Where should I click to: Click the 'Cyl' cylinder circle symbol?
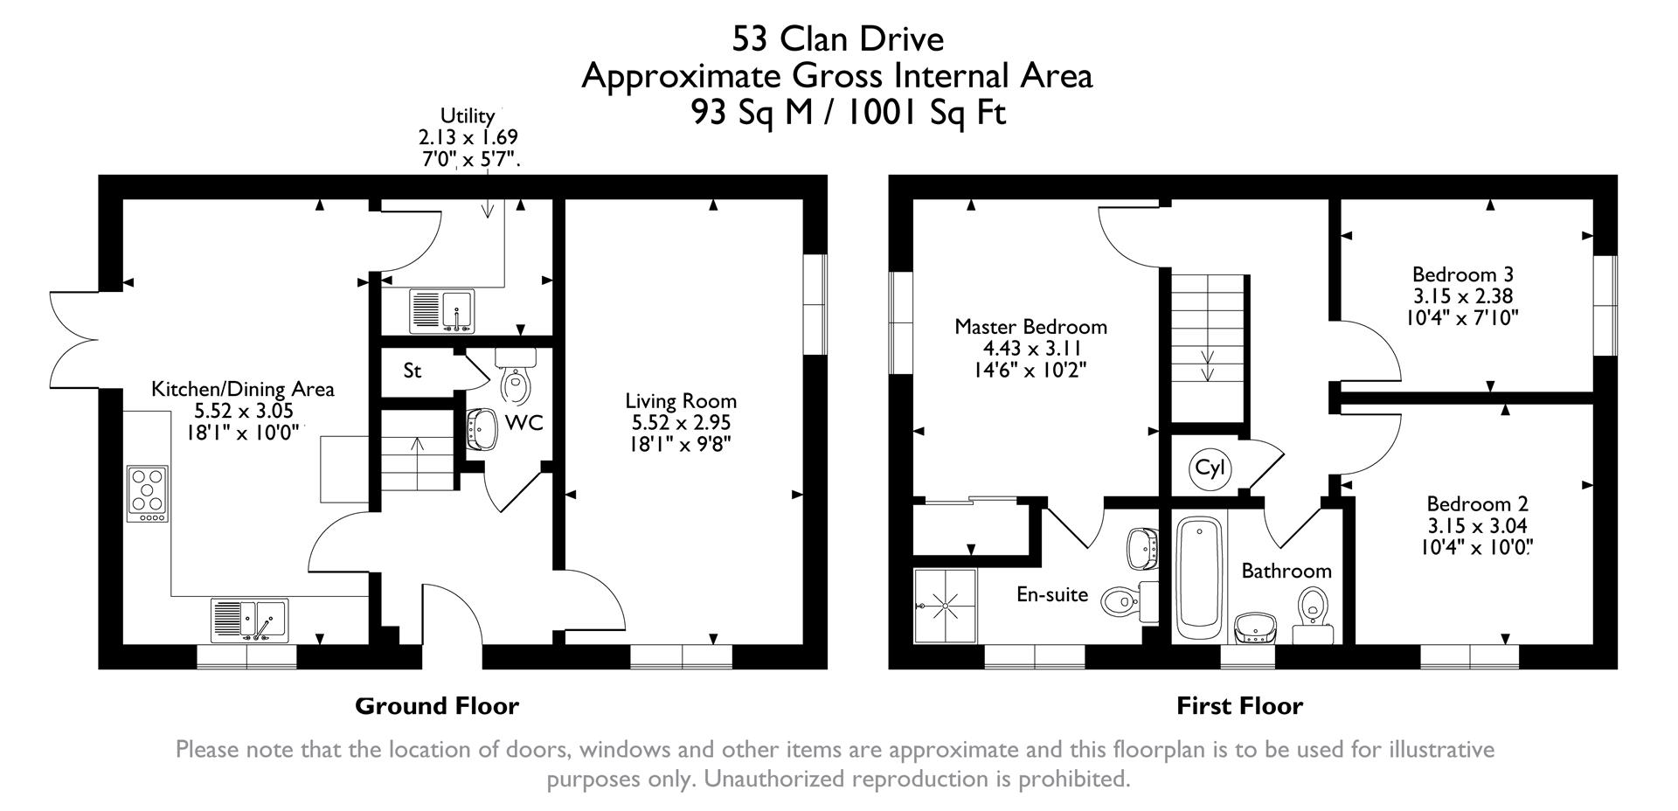(1210, 468)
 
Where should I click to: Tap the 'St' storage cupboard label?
(413, 371)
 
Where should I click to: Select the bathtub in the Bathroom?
(1199, 579)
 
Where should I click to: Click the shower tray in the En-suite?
(945, 606)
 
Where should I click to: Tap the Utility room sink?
(441, 311)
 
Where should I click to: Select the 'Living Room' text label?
(681, 401)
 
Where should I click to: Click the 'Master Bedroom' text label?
(1030, 327)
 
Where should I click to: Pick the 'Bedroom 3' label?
(1462, 274)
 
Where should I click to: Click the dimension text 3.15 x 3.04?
(1476, 526)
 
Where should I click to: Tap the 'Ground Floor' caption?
(436, 706)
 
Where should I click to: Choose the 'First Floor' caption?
(1239, 706)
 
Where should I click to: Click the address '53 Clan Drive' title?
(837, 39)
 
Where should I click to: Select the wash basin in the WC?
(480, 429)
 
